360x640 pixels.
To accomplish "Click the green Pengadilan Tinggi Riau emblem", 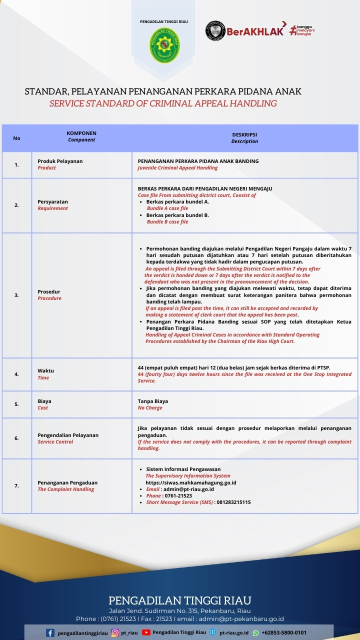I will pos(165,45).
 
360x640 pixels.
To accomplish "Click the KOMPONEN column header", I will pos(81,133).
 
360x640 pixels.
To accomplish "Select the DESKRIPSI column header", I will pos(244,135).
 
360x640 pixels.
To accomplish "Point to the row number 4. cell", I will pos(16,374).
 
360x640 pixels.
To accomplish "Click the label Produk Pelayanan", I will pos(60,161).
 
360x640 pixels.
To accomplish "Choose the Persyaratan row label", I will pos(52,201).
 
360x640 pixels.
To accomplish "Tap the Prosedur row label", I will pos(49,291).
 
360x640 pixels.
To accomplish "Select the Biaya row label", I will pos(44,401).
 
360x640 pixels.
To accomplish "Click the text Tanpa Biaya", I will pos(153,401).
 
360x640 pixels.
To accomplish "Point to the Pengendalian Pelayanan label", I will pos(68,435).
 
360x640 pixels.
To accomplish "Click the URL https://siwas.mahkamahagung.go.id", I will pos(187,483).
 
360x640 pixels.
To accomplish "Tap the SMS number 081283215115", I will pos(233,502).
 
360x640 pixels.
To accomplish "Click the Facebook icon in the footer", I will pos(50,633).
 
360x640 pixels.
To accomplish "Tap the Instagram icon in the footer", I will pos(115,633).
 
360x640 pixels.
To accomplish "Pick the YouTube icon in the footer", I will pos(146,632).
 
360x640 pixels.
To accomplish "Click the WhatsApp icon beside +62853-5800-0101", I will pos(255,633).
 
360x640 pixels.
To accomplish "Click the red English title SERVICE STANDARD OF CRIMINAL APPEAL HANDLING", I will pos(163,103).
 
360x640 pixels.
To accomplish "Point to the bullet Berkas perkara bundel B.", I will pos(177,215).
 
